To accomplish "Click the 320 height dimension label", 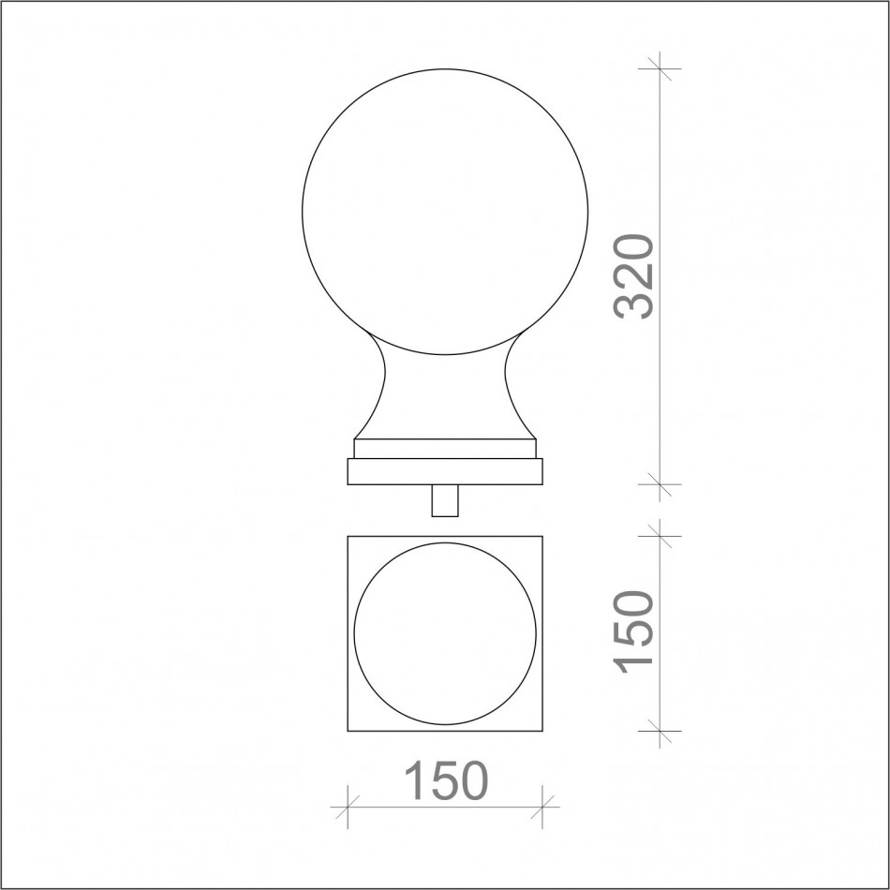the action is pyautogui.click(x=633, y=276).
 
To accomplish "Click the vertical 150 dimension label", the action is pyautogui.click(x=633, y=632).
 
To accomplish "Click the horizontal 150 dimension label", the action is pyautogui.click(x=446, y=780).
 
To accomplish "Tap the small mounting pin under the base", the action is pyautogui.click(x=445, y=500).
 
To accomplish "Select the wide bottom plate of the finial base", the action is pyautogui.click(x=445, y=471).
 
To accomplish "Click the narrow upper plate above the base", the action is pyautogui.click(x=445, y=449).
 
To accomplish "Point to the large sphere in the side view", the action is pyautogui.click(x=445, y=212).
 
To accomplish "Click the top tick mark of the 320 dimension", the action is pyautogui.click(x=660, y=68).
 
